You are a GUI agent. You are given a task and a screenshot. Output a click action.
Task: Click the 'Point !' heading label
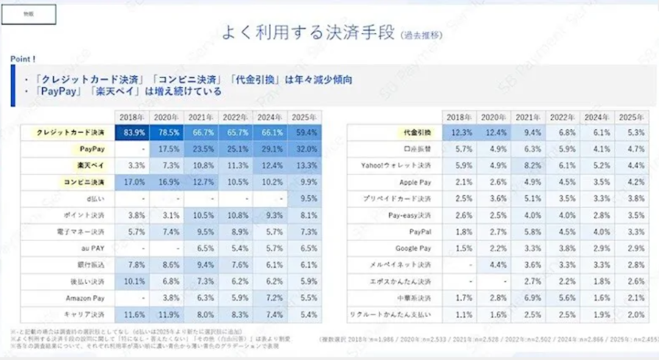click(x=23, y=59)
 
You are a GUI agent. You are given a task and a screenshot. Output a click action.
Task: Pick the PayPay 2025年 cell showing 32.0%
click(x=304, y=149)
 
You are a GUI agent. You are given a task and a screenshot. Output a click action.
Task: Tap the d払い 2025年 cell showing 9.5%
click(x=304, y=198)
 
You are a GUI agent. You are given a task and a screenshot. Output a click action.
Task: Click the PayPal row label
click(x=420, y=232)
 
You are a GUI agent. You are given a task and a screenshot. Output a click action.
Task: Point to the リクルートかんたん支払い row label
click(x=391, y=315)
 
